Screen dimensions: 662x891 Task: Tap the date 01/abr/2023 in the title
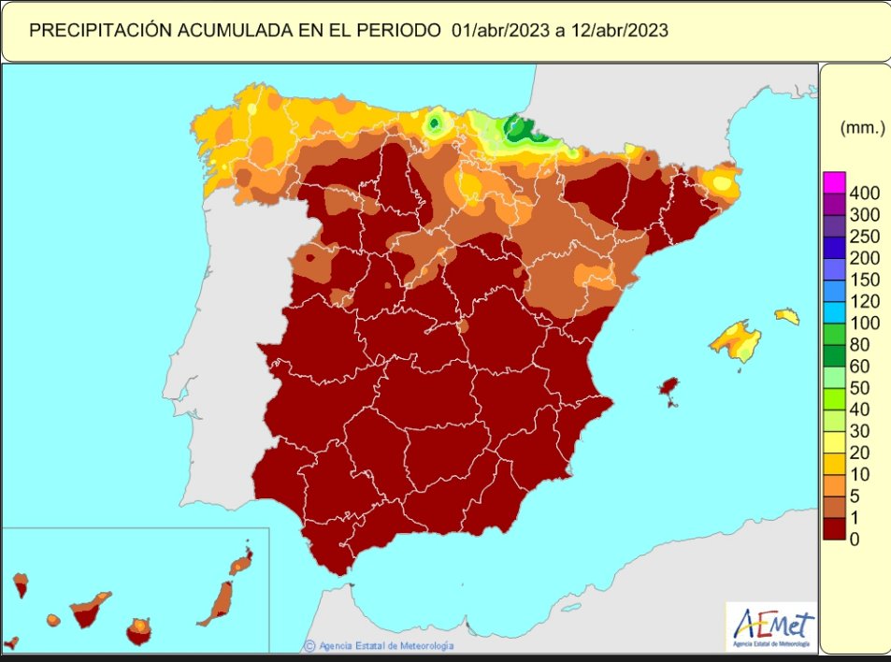click(x=496, y=30)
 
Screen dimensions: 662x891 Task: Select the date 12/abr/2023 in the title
click(x=619, y=30)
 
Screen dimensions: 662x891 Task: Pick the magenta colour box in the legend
click(x=834, y=181)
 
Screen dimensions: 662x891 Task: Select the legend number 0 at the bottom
click(x=855, y=539)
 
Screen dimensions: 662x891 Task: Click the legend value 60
click(x=860, y=366)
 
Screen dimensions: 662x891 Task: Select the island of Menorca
click(x=787, y=316)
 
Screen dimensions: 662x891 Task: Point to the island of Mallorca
click(x=736, y=340)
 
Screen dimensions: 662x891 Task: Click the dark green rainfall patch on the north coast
click(x=515, y=129)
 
